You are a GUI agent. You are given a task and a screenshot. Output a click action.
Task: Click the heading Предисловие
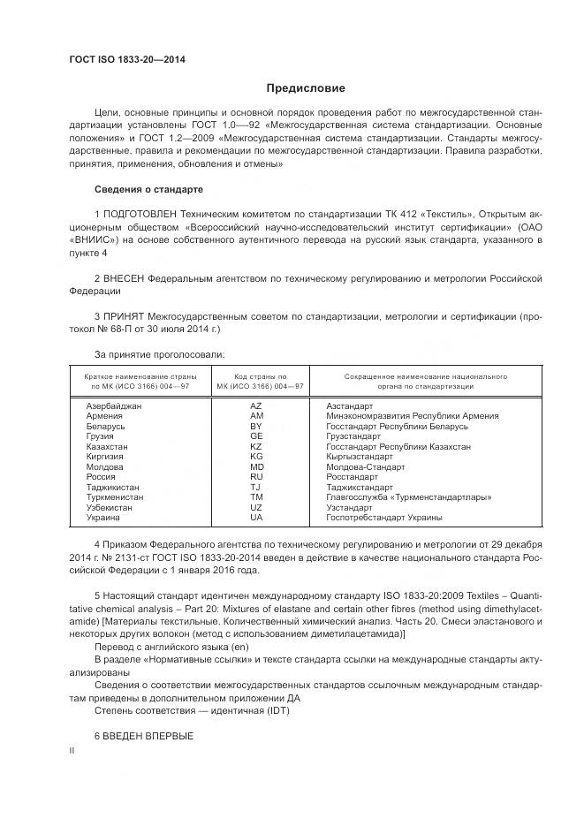306,88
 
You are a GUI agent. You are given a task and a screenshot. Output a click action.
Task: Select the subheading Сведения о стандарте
148,190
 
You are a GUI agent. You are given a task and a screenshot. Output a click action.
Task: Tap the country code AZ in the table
256,405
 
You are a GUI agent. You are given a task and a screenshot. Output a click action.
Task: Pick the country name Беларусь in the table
105,426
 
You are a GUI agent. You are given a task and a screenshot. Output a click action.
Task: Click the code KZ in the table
256,447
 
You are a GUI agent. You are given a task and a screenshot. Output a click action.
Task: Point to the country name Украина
102,518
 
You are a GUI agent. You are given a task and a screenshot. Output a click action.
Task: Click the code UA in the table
256,518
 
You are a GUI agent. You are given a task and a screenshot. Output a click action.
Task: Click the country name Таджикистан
111,487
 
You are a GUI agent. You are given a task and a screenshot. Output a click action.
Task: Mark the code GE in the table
256,436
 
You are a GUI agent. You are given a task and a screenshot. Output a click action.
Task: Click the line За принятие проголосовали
159,354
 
